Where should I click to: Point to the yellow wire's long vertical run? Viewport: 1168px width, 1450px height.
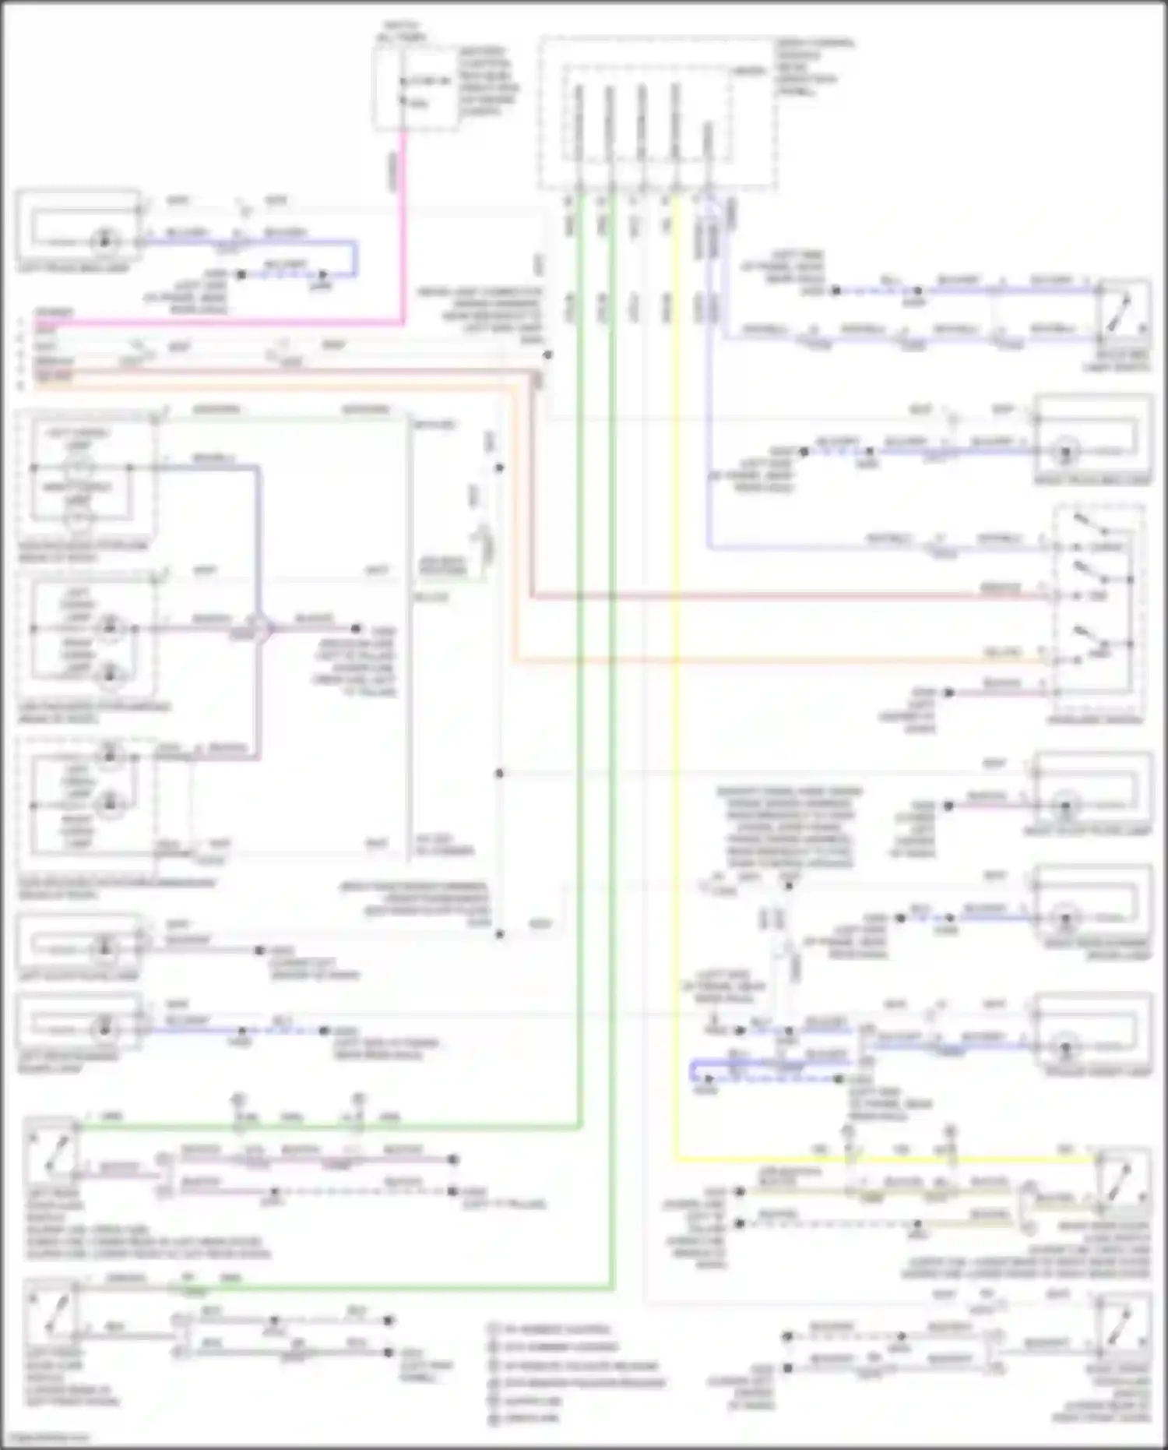pos(676,701)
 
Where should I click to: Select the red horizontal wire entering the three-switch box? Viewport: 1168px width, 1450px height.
pos(779,598)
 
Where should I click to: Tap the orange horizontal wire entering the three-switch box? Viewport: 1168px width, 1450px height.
pos(779,661)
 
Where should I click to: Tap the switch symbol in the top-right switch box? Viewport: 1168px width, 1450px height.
pos(1121,312)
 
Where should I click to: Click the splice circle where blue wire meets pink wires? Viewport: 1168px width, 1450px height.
pos(259,629)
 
